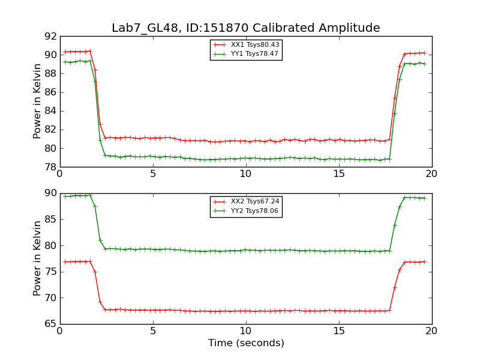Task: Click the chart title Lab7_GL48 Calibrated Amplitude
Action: point(245,28)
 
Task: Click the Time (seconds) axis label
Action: point(246,343)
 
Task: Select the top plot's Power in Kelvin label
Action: point(37,101)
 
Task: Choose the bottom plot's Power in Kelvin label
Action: point(37,258)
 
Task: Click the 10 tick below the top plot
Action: point(246,174)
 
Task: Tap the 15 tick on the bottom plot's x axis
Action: point(339,331)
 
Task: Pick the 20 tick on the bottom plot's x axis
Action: point(432,331)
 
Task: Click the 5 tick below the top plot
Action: point(153,174)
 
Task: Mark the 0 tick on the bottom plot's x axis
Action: point(60,331)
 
